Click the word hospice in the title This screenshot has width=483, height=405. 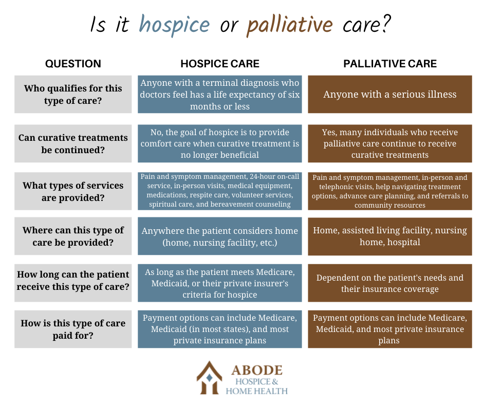174,25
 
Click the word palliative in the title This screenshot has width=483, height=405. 290,25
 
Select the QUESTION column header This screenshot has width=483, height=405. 73,64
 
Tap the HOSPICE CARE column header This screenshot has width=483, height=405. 219,64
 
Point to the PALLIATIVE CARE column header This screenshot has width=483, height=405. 390,64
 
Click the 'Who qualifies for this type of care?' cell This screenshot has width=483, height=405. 73,95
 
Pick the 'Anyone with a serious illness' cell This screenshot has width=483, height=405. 390,95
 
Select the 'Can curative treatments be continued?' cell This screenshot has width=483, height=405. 73,143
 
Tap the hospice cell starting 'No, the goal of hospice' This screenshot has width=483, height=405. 219,143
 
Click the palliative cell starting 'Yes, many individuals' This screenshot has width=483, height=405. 390,143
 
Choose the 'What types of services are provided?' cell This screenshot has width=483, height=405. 73,191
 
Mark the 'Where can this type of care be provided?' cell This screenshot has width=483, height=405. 73,236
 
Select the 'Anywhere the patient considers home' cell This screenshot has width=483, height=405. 219,236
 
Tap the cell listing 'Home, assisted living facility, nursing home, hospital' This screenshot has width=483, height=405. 390,236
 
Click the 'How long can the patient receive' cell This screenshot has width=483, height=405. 73,283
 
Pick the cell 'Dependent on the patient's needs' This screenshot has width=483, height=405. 390,283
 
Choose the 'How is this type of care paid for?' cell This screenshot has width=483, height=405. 73,329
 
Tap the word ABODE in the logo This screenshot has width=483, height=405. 257,370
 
